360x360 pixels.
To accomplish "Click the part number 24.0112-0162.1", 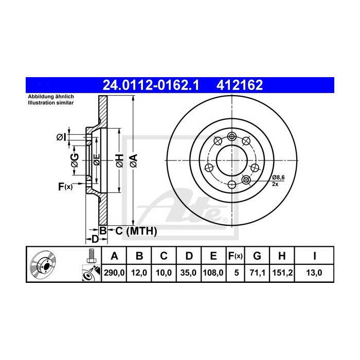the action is (x=151, y=85).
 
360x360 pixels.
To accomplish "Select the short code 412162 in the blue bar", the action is (x=240, y=85).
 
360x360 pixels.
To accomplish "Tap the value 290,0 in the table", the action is (x=114, y=273).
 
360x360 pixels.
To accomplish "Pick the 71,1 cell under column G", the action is (x=257, y=273).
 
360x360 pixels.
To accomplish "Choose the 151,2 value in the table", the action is (x=282, y=273).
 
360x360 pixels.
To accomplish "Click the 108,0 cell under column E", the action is (x=213, y=273).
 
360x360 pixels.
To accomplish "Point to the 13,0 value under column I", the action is (x=314, y=273).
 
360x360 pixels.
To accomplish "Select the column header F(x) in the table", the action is (x=236, y=256).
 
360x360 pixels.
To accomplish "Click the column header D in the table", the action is (x=189, y=256).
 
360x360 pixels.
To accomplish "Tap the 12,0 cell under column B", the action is (x=139, y=273).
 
